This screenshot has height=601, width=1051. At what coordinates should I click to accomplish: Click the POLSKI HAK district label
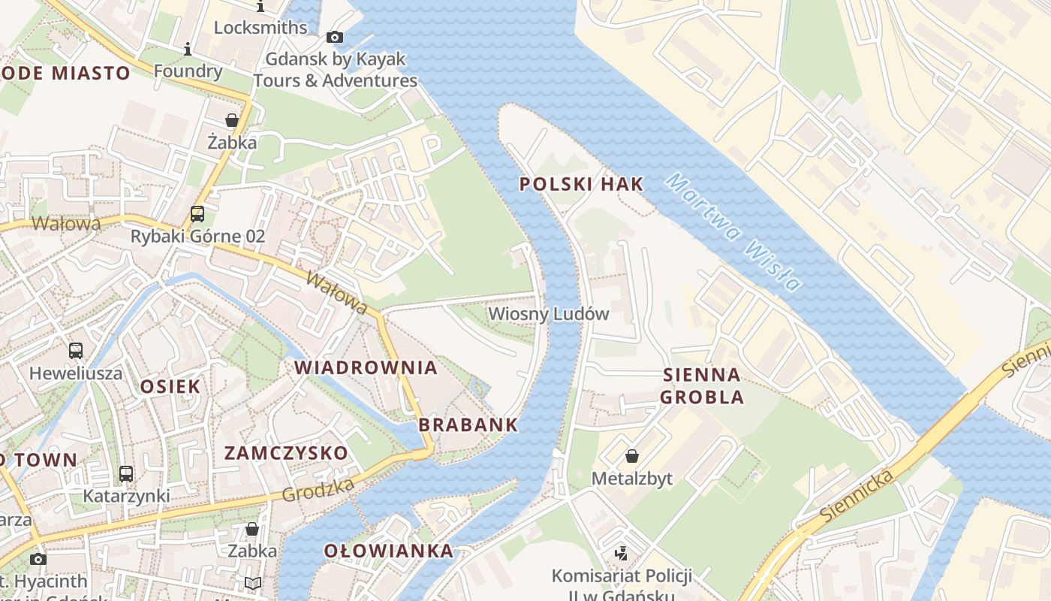pos(582,184)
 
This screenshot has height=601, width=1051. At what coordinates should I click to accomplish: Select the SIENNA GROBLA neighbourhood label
pos(702,385)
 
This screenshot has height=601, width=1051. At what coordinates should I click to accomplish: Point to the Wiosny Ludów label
pos(548,314)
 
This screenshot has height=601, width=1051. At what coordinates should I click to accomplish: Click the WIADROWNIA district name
pos(366,367)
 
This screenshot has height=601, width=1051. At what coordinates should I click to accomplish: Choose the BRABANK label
pos(468,424)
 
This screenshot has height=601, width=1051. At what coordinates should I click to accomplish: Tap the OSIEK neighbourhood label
pos(170,387)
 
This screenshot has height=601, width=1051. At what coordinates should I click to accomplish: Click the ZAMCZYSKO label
pos(286,453)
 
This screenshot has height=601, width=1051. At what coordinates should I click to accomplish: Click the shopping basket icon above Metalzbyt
pos(632,456)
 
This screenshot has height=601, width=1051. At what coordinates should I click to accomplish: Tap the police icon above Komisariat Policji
pos(621,554)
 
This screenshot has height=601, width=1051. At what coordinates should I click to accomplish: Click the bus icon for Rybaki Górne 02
pos(197,214)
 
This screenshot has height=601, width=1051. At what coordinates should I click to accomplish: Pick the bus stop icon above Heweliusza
pos(76,350)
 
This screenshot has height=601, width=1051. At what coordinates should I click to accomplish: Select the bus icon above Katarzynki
pos(126,474)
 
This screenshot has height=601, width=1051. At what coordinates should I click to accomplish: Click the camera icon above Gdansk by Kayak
pos(335,37)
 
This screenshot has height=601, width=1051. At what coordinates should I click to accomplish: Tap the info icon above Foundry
pos(188,50)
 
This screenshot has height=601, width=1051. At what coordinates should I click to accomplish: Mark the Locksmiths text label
pos(260,28)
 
